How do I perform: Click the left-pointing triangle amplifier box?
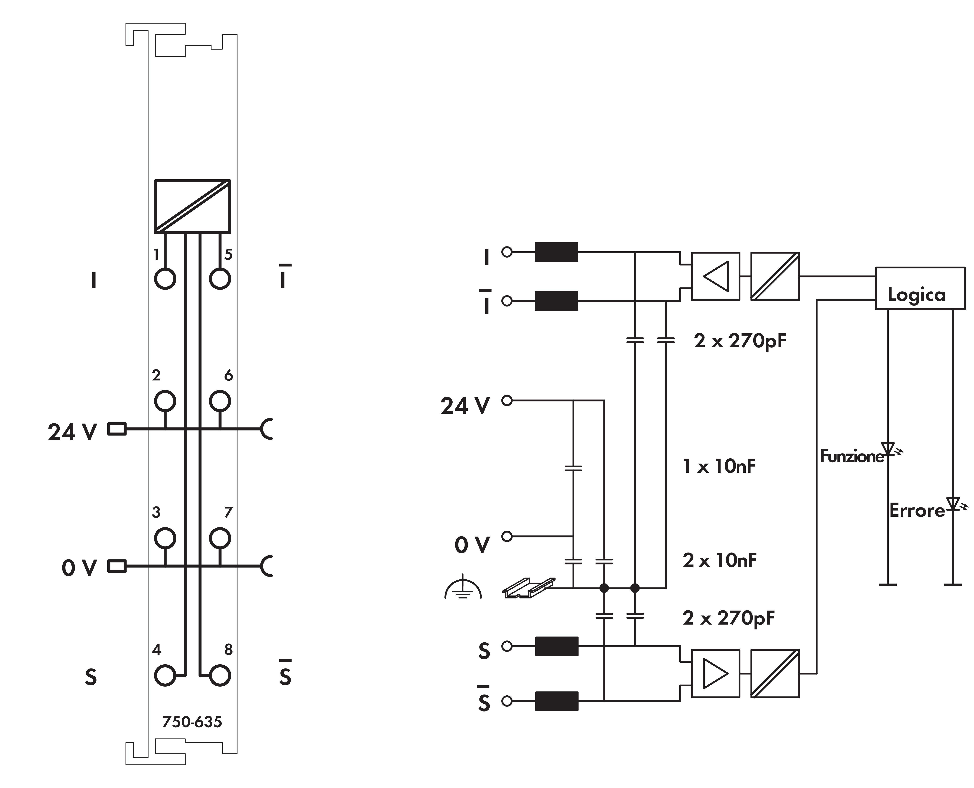click(715, 276)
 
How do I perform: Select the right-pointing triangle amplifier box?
click(715, 673)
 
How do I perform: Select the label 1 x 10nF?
click(719, 466)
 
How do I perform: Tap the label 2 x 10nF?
click(719, 561)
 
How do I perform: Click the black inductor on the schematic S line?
click(556, 646)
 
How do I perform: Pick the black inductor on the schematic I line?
click(556, 252)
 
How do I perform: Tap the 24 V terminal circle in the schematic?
click(507, 400)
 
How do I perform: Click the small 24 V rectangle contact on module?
click(117, 429)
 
